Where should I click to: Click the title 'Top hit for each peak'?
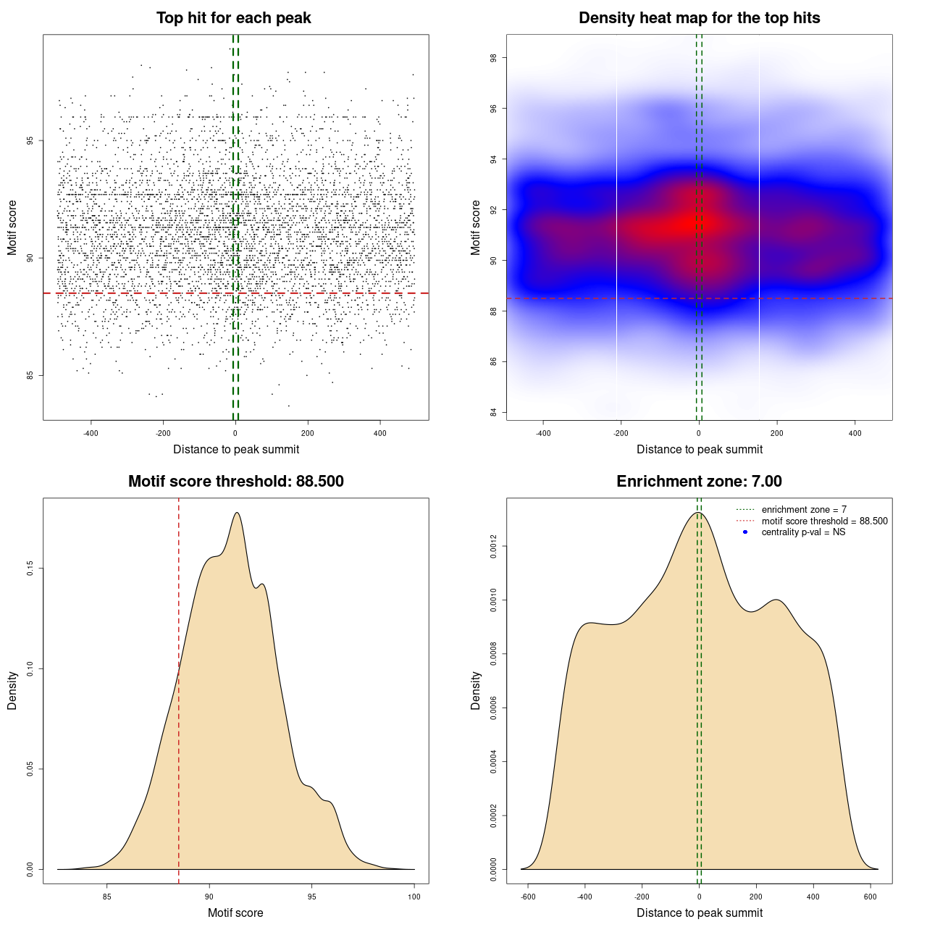[x=234, y=18]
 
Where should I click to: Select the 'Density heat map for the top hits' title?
[x=699, y=18]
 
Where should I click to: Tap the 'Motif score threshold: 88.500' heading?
[x=235, y=482]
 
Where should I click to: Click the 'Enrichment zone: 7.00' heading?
[x=699, y=482]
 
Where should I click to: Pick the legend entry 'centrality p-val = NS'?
[x=803, y=532]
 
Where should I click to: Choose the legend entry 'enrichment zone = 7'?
[x=804, y=510]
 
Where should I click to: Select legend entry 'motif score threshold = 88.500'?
[x=824, y=521]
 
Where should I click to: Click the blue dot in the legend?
[x=745, y=532]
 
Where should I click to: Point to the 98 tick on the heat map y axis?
[x=493, y=58]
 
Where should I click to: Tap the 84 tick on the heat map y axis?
[x=493, y=413]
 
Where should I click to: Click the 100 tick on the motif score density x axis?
[x=414, y=897]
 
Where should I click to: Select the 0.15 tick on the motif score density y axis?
[x=30, y=569]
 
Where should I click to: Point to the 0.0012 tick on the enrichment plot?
[x=493, y=546]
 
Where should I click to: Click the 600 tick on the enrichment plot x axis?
[x=871, y=897]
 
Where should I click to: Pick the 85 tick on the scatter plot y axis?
[x=30, y=375]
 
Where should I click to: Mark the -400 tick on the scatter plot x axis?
[x=91, y=433]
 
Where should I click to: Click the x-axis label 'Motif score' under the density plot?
[x=235, y=913]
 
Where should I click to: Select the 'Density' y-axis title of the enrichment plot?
[x=476, y=690]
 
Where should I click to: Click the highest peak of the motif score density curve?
[x=237, y=513]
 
